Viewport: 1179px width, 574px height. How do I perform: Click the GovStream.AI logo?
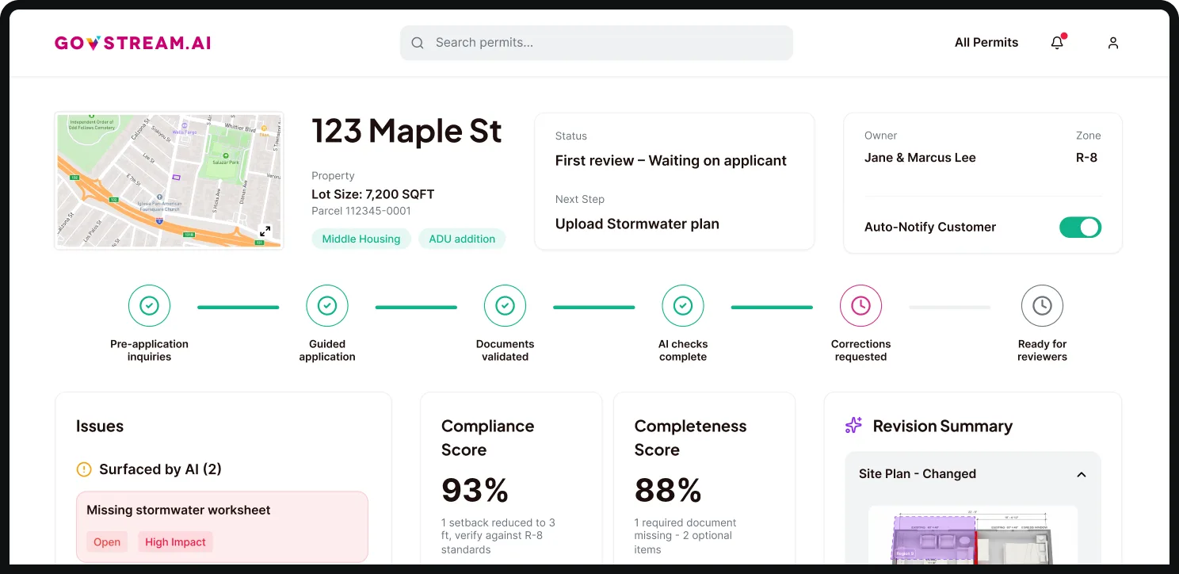(x=132, y=43)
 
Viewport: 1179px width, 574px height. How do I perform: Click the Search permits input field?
(x=596, y=43)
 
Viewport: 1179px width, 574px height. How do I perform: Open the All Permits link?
(x=986, y=43)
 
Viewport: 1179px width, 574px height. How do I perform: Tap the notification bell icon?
(x=1057, y=43)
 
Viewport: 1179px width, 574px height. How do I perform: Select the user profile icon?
(x=1112, y=43)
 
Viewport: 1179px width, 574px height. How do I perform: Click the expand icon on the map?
(x=265, y=231)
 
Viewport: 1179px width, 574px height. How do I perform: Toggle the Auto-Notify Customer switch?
(x=1080, y=228)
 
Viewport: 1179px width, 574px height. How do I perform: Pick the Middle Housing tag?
(x=361, y=239)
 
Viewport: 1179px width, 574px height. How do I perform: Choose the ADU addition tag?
(x=462, y=239)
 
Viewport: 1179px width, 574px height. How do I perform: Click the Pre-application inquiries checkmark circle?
(x=149, y=305)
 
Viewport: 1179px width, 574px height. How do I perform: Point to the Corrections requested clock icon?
(x=860, y=305)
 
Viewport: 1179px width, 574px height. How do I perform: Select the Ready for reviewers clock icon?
(x=1042, y=305)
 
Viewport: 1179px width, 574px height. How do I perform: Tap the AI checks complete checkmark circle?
(x=682, y=305)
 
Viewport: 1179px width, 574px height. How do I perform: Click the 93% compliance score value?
(x=475, y=490)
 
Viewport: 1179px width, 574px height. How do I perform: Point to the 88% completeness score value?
(x=668, y=490)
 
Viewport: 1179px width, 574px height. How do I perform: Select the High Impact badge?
(x=175, y=542)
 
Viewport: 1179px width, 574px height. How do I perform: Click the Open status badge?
(x=107, y=542)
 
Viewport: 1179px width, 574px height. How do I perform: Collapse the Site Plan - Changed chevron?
(x=1081, y=474)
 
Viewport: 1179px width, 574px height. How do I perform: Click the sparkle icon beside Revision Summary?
(x=853, y=426)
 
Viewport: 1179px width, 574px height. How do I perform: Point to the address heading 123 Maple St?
(x=406, y=131)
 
